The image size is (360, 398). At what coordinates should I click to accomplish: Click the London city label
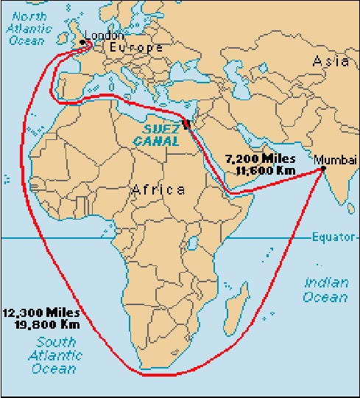[x=105, y=35]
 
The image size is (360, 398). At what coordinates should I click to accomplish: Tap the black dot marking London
[x=82, y=42]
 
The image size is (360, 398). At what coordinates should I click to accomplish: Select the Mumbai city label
[x=335, y=160]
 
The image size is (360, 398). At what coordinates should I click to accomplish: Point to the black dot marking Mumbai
[x=322, y=170]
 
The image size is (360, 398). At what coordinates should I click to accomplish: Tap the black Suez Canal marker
[x=186, y=123]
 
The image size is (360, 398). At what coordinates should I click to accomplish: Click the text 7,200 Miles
[x=260, y=159]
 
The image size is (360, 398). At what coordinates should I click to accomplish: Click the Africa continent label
[x=158, y=190]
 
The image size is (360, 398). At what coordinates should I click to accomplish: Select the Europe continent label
[x=135, y=48]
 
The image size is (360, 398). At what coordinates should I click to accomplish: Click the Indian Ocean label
[x=325, y=290]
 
